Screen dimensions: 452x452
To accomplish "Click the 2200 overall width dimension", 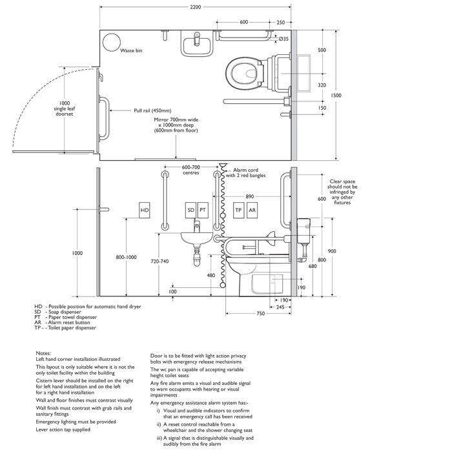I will tap(196, 7).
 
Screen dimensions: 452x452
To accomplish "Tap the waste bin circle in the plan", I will tap(112, 41).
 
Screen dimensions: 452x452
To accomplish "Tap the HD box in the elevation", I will tap(145, 210).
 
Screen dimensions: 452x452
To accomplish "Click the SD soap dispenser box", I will tap(191, 210).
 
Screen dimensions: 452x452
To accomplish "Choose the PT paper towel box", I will tap(202, 210).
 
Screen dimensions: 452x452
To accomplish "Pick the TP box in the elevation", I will tap(238, 210).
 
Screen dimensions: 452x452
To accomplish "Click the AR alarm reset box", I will tap(252, 210).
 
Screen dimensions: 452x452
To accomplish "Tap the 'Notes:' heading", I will tap(43, 353).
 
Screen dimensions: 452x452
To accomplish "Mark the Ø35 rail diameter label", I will tap(283, 39).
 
